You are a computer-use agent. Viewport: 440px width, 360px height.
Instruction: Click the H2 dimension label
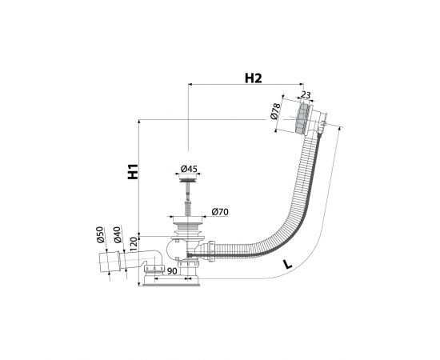point(254,78)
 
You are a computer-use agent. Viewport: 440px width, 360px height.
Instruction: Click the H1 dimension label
point(133,171)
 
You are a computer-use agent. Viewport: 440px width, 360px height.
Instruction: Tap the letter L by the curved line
point(287,264)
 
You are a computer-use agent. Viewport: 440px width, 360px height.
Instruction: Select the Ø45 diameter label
point(189,169)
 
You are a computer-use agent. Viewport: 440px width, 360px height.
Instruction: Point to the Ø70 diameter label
point(220,211)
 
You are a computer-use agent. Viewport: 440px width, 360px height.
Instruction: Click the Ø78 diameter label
point(275,111)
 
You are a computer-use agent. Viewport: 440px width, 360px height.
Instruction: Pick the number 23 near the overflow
point(306,95)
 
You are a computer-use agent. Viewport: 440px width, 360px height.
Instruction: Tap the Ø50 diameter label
point(101,234)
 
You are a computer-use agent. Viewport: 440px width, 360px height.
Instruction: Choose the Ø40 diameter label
point(118,234)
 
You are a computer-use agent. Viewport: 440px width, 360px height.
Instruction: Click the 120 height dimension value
point(134,244)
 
